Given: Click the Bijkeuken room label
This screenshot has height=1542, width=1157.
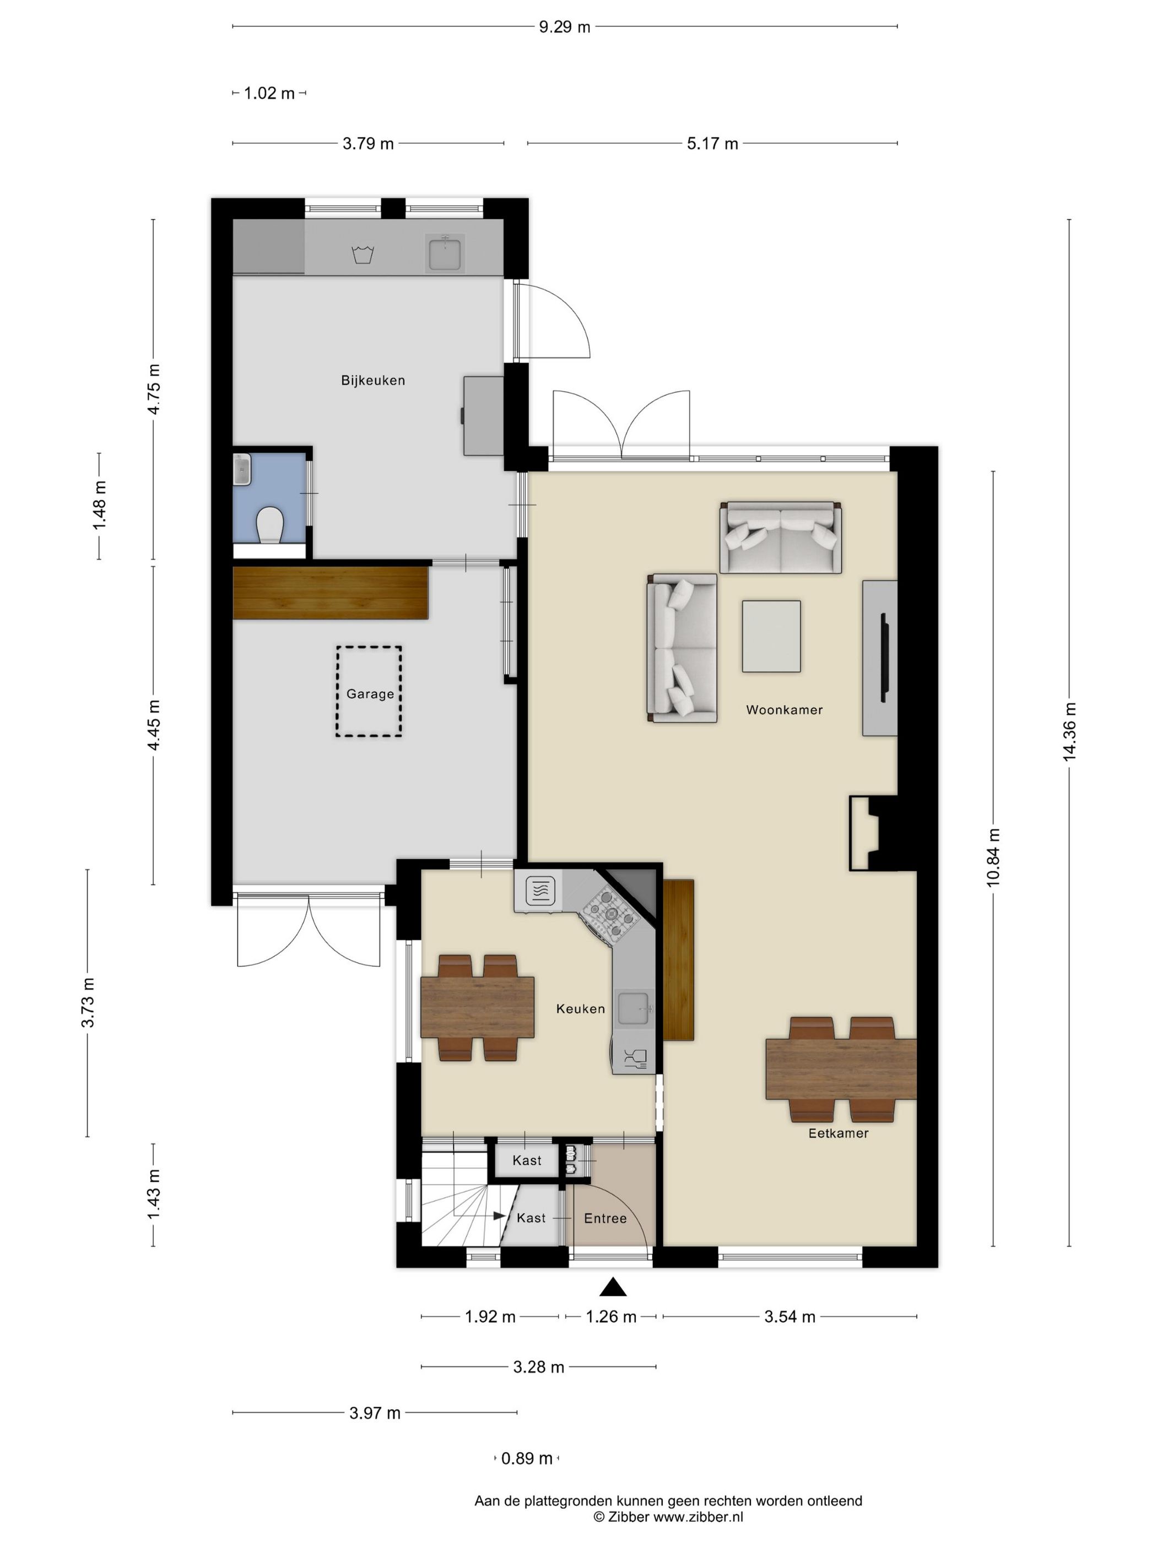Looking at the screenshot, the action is [372, 380].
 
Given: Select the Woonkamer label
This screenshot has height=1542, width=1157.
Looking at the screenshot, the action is [784, 710].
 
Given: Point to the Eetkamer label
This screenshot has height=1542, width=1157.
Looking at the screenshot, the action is [839, 1133].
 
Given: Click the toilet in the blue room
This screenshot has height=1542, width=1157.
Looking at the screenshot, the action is [269, 524].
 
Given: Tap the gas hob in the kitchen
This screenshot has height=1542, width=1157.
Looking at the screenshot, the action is [611, 913].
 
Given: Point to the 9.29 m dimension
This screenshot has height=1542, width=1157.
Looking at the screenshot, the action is [564, 27].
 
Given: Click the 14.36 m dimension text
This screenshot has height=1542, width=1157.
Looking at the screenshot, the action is [1069, 732].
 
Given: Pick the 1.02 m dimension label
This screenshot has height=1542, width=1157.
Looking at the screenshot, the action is [269, 93].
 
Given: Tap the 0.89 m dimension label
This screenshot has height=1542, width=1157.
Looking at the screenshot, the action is [527, 1458].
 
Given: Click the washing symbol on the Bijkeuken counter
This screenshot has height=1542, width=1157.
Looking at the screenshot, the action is [363, 254].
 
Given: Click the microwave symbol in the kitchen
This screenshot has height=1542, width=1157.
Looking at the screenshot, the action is [540, 891].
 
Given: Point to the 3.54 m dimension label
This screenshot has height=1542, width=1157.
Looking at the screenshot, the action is [790, 1316].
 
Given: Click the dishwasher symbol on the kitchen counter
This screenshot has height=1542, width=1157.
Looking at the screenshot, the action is [635, 1058].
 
